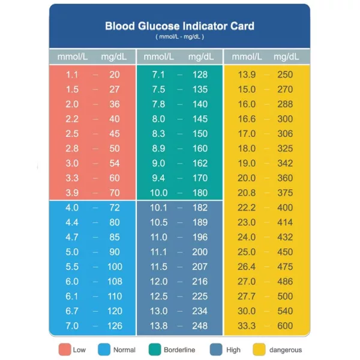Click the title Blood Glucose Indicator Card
pyautogui.click(x=179, y=26)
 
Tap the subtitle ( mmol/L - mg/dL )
pyautogui.click(x=179, y=37)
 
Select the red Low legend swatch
pyautogui.click(x=64, y=350)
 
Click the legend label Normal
pyautogui.click(x=124, y=350)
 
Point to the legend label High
pyautogui.click(x=234, y=350)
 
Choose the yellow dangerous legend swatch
pyautogui.click(x=259, y=350)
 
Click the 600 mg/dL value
pyautogui.click(x=285, y=326)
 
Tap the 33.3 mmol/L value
pyautogui.click(x=247, y=326)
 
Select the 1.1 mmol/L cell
pyautogui.click(x=72, y=75)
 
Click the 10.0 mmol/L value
pyautogui.click(x=158, y=193)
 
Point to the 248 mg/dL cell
pyautogui.click(x=200, y=326)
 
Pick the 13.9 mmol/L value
pyautogui.click(x=247, y=75)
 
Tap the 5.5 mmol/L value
pyautogui.click(x=72, y=266)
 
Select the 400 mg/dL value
pyautogui.click(x=285, y=208)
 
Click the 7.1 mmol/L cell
pyautogui.click(x=158, y=75)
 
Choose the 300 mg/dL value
pyautogui.click(x=285, y=119)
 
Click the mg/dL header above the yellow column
pyautogui.click(x=286, y=58)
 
